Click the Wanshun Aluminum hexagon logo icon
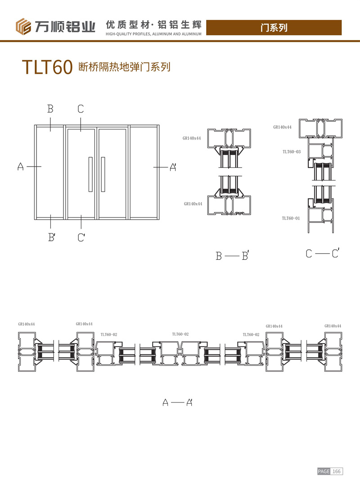(x=23, y=27)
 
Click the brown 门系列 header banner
(x=274, y=27)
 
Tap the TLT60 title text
(x=47, y=67)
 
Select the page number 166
(x=337, y=471)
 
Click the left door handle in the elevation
(x=90, y=174)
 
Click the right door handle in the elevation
(x=103, y=174)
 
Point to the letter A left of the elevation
(x=20, y=166)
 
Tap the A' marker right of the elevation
(x=173, y=167)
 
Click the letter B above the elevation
(x=50, y=109)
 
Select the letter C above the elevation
(x=81, y=109)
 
